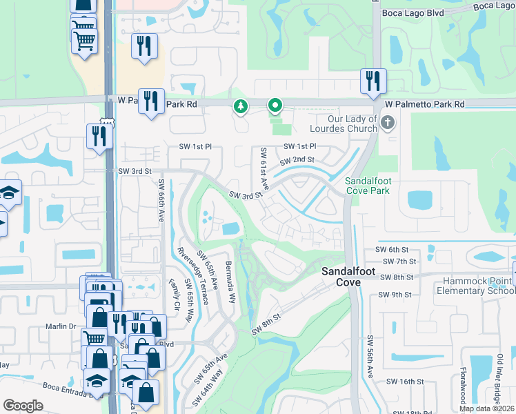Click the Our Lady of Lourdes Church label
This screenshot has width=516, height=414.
[x=344, y=123]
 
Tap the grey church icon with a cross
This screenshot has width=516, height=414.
[x=388, y=123]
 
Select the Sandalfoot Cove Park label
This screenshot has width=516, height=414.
[x=368, y=185]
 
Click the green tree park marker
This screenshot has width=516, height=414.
[x=240, y=106]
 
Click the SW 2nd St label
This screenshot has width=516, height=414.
[x=297, y=160]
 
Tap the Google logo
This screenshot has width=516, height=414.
[x=23, y=405]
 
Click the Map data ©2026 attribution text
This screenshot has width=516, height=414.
[x=487, y=408]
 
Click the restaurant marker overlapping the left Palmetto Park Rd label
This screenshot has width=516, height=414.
[x=150, y=100]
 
